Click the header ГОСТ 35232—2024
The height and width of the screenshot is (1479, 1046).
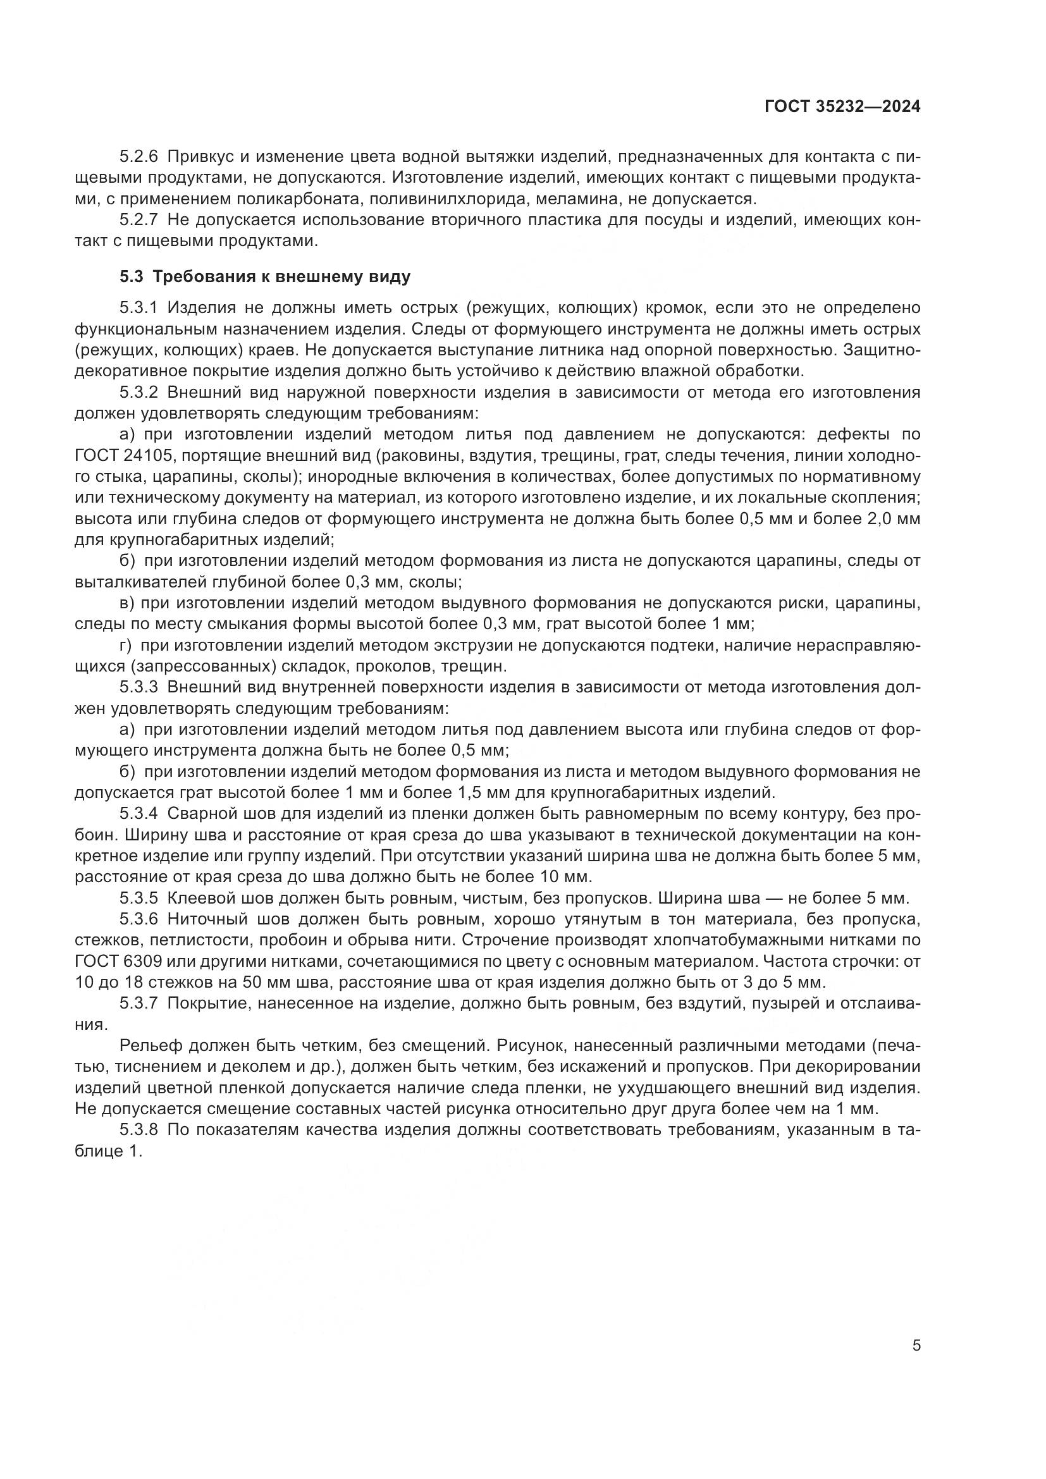(x=842, y=107)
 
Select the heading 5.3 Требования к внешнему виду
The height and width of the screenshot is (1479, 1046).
(x=265, y=277)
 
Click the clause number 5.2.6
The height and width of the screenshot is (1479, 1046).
(x=138, y=157)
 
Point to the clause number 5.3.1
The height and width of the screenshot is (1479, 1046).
(x=138, y=308)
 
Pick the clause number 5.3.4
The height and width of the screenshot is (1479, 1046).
(x=138, y=814)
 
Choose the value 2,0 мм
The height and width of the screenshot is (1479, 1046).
(x=895, y=519)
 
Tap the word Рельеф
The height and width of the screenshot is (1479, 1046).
(x=147, y=1045)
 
